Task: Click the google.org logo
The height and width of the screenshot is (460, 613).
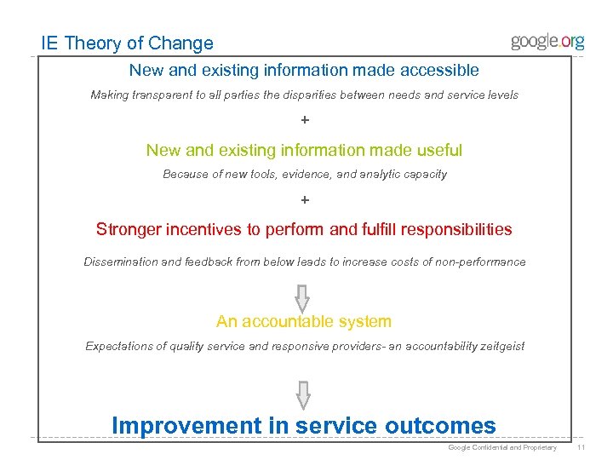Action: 547,42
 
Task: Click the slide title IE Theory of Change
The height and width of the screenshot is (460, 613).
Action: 128,43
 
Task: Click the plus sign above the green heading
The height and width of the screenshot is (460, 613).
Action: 305,121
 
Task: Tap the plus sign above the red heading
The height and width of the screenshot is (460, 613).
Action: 305,201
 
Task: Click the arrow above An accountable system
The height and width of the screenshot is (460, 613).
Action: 301,296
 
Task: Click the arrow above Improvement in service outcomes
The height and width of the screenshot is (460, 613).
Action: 301,394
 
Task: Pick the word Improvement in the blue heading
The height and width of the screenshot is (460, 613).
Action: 187,425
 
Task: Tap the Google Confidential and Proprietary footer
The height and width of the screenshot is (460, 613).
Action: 502,447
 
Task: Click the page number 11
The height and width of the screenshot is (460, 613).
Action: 581,447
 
